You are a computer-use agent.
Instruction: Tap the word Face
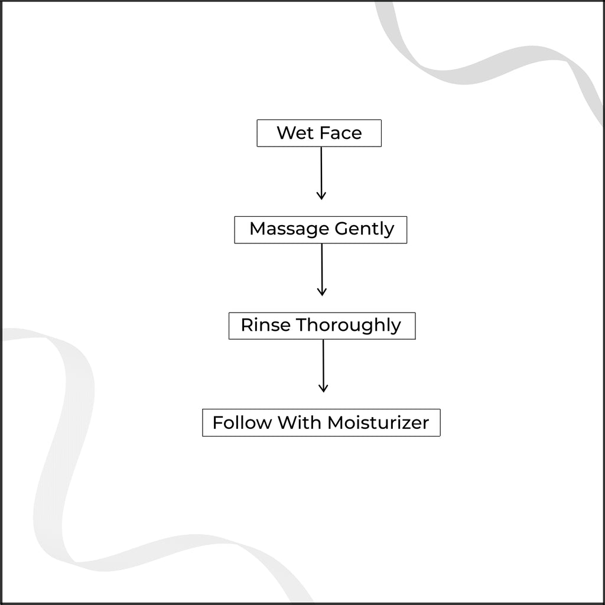pos(341,133)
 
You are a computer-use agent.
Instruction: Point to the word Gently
pos(365,229)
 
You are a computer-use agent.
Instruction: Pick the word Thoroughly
pos(349,326)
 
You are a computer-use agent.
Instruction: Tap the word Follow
pos(242,422)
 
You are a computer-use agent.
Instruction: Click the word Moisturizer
pos(378,422)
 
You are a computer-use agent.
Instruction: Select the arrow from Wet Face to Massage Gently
pos(321,173)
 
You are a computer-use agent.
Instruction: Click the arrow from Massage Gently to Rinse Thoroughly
pos(322,269)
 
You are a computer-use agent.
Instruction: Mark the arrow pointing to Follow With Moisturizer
pos(323,366)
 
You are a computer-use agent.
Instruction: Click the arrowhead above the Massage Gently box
pos(321,195)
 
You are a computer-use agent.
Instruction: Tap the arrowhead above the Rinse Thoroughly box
pos(322,292)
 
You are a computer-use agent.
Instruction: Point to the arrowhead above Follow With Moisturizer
pos(323,388)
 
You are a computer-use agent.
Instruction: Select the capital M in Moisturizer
pos(336,422)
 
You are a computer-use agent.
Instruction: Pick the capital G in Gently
pos(342,229)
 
